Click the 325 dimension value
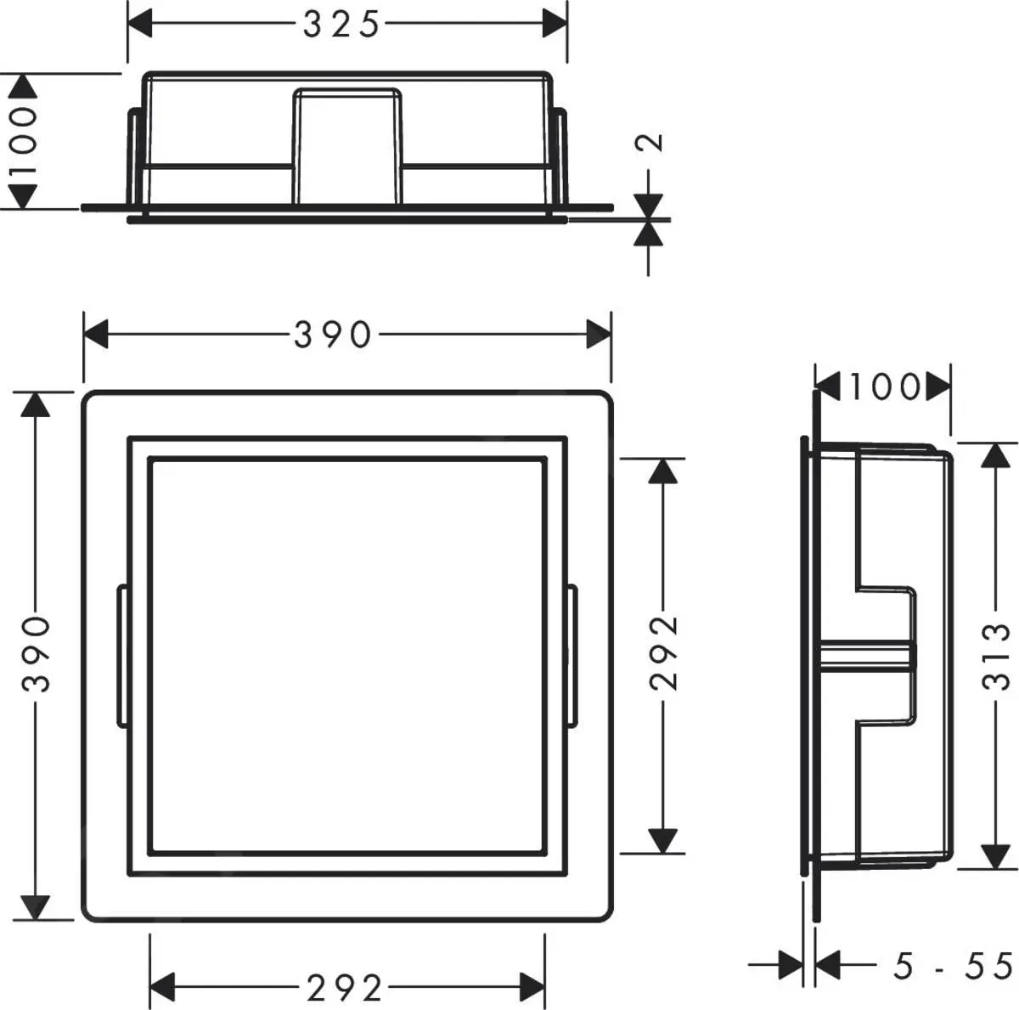point(341,25)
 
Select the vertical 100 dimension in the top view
point(25,141)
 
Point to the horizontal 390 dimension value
point(333,335)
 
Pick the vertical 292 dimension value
point(663,653)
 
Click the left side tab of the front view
point(121,656)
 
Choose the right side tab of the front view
point(571,656)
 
